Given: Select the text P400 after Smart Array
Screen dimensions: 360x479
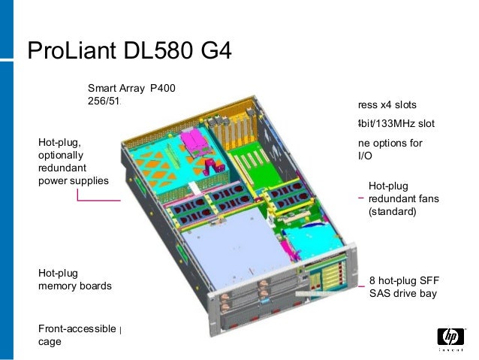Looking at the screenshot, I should pos(163,88).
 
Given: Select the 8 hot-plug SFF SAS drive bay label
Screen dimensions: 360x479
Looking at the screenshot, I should pos(402,286).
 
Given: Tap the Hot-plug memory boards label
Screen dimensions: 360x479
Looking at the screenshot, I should pos(74,280).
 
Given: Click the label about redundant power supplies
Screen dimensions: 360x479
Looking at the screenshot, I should pos(73,161).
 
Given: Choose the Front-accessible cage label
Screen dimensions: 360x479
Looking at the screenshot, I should pos(77,335).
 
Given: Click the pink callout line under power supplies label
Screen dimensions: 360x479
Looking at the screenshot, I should pos(98,201).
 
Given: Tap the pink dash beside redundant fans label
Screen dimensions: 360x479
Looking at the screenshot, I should pos(361,198).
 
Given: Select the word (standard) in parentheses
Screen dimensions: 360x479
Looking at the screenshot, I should pos(391,212).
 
